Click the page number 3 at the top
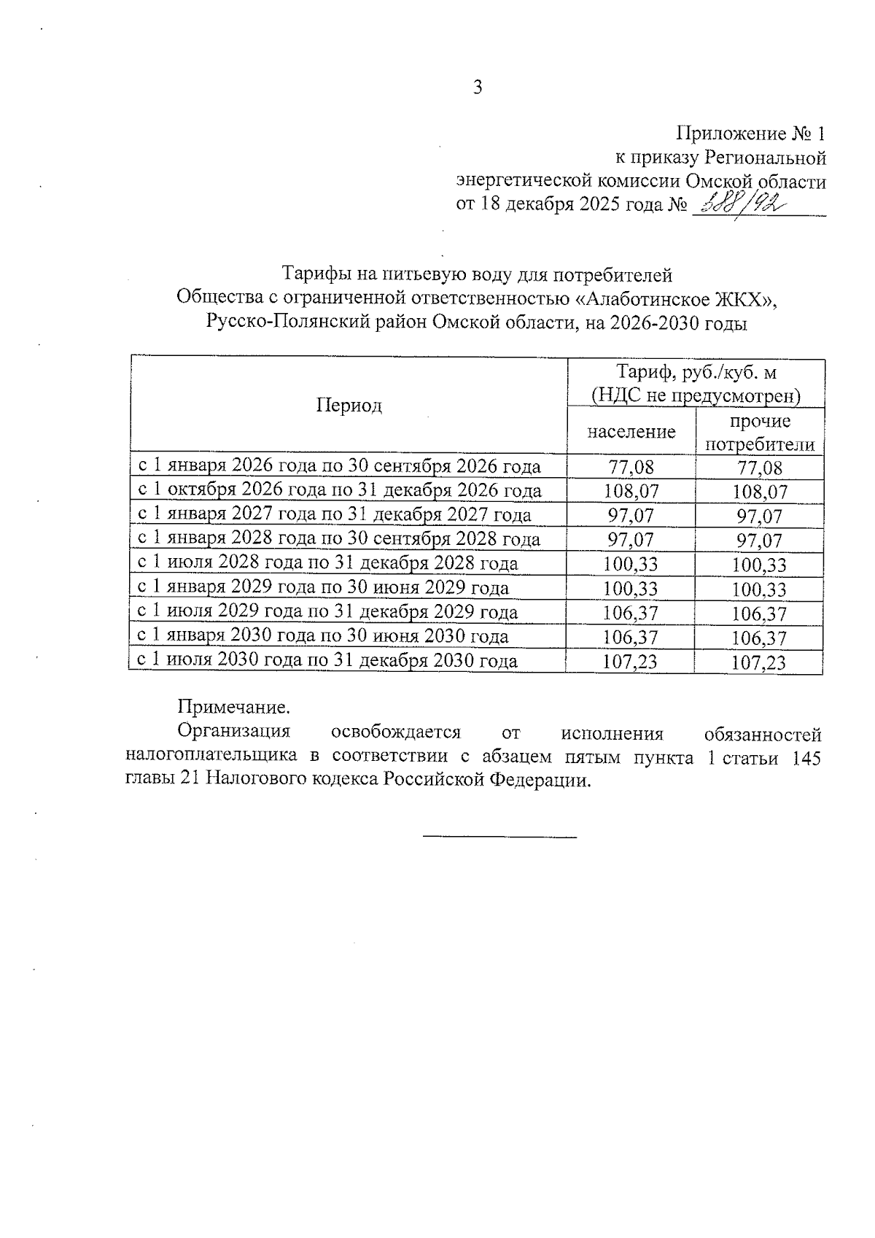(x=478, y=88)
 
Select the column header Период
(x=349, y=406)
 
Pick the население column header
(x=631, y=432)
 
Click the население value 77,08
(x=631, y=467)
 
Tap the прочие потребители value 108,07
(x=760, y=492)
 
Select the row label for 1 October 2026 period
(x=340, y=490)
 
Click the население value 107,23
(x=631, y=662)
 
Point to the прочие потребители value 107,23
(x=760, y=662)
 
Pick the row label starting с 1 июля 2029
(x=328, y=612)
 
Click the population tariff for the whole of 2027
(x=631, y=516)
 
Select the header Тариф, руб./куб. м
(x=696, y=372)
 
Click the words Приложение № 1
(x=751, y=134)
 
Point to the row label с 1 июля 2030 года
(x=328, y=661)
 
